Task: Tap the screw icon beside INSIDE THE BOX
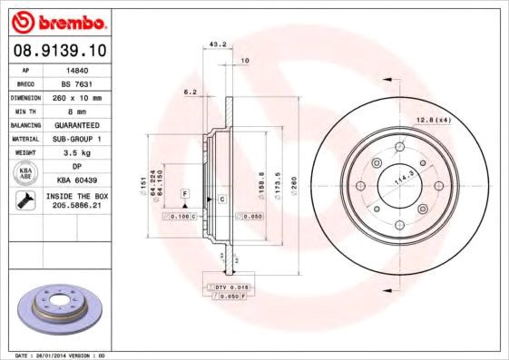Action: pos(24,202)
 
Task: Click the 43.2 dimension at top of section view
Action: pos(218,44)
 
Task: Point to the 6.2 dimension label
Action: pos(191,92)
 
